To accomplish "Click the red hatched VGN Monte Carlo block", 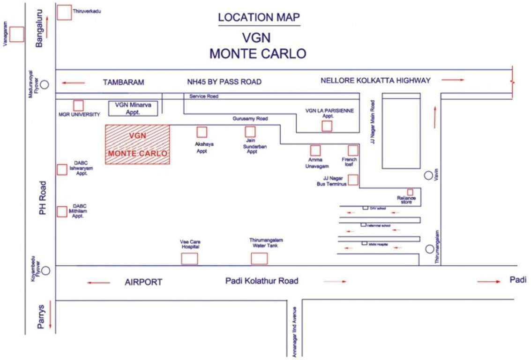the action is click(137, 145).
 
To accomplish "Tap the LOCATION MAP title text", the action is click(259, 18).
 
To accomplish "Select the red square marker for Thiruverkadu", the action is click(64, 13).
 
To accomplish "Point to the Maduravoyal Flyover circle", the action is click(45, 85).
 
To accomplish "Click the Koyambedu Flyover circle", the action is click(45, 270).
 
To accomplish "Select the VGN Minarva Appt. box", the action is click(134, 108).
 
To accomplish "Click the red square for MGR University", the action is click(78, 105).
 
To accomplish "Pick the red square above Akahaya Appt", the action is click(202, 132).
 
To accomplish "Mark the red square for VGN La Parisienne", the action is click(327, 126).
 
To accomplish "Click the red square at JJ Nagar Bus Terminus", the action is click(353, 180).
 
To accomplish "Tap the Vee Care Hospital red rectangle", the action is click(189, 258).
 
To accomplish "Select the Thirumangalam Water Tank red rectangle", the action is click(259, 258).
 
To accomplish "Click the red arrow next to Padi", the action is click(489, 281).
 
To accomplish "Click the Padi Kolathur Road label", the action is click(262, 281).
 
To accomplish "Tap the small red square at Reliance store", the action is click(410, 192).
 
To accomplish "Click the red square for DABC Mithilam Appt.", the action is click(62, 212).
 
